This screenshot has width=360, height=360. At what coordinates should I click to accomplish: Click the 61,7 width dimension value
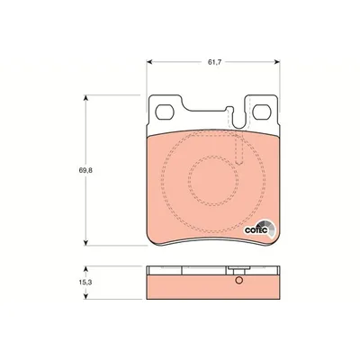[214, 62]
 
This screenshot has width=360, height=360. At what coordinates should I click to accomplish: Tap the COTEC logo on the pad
[258, 229]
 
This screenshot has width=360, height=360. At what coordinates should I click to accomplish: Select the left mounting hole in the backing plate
[165, 112]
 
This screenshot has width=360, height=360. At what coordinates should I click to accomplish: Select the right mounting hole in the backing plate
[262, 112]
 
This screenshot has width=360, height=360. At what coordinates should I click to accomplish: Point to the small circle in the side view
[238, 280]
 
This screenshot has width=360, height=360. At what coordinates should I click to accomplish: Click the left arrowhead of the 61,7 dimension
[149, 62]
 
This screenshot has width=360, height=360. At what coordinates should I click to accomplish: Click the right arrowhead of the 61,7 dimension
[277, 62]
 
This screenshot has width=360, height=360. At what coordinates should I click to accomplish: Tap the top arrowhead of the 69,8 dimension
[86, 98]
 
